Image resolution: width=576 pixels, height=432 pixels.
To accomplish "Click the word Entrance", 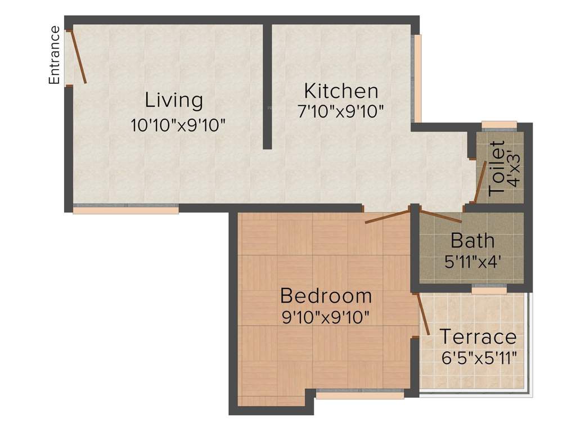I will [x=55, y=55].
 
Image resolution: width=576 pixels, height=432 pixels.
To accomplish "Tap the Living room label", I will [x=173, y=100].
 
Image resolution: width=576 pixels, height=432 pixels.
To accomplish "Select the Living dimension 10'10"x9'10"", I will [x=178, y=125].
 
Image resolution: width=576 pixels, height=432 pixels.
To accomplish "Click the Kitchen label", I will [x=341, y=91].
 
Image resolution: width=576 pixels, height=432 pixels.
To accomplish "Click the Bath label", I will [x=472, y=241].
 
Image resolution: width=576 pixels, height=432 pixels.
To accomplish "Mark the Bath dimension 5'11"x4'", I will [x=472, y=262].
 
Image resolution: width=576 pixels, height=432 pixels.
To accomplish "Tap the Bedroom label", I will [x=326, y=295].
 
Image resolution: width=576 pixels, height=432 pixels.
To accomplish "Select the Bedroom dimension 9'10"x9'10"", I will [x=326, y=317].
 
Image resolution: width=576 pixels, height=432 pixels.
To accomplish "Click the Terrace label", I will [x=478, y=337].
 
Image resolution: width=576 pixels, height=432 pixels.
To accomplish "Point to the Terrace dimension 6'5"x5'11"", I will [x=479, y=357].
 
